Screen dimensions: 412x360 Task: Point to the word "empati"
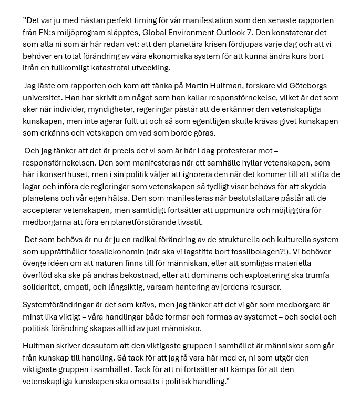point(87,287)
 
